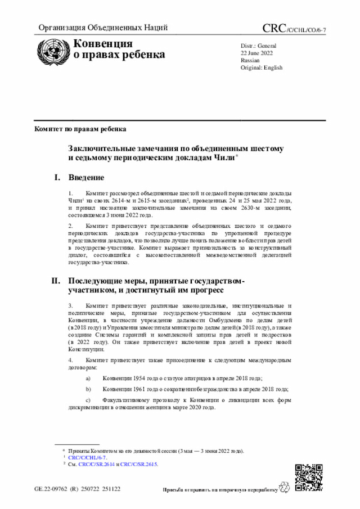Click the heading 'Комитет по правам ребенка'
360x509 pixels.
pos(80,129)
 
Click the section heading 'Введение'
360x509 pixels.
pos(86,178)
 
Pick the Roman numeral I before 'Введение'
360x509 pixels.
pos(56,178)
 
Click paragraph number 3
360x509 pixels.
pos(70,305)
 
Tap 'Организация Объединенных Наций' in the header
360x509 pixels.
pos(103,28)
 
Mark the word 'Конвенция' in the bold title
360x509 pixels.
pos(103,44)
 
